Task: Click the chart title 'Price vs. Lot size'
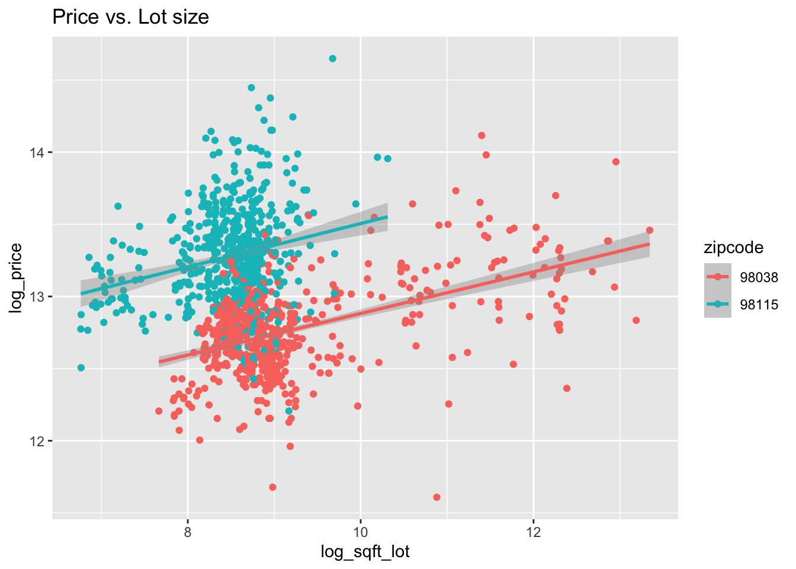pos(130,17)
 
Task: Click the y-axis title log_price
pos(17,278)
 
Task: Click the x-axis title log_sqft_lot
pos(365,552)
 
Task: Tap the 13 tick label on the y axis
pos(37,296)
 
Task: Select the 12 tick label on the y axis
pos(37,441)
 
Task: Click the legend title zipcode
pos(733,248)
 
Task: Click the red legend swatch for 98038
pos(718,277)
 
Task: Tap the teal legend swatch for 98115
pos(718,305)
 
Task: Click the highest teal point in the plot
pos(333,59)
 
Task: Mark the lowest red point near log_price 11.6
pos(436,497)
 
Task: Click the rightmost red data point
pos(650,230)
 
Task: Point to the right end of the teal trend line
pos(387,217)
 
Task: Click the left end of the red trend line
pos(159,362)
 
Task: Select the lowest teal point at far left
pos(81,367)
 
